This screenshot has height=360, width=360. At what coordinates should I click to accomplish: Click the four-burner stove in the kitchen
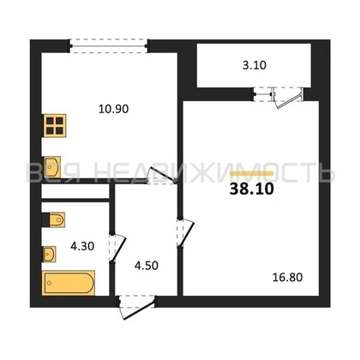point(55,126)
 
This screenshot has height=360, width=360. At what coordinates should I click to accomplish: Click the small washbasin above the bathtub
point(50,253)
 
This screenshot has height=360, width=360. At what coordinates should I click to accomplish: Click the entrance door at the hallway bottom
point(137,302)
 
